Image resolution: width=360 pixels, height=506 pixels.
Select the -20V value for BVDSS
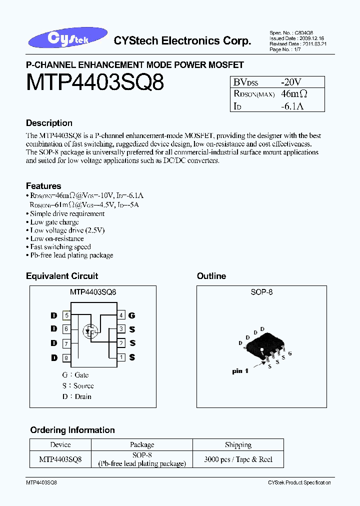tap(291, 81)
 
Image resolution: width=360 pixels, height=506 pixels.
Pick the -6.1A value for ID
tap(292, 105)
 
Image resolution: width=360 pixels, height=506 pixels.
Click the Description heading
tap(49, 123)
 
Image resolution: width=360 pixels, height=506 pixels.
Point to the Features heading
tap(43, 186)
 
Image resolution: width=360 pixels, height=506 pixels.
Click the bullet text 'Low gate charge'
tap(54, 222)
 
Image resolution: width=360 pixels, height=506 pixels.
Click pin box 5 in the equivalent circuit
tap(66, 315)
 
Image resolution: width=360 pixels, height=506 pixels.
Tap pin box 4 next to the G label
tap(121, 315)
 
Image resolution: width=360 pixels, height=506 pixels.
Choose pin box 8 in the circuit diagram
tap(66, 357)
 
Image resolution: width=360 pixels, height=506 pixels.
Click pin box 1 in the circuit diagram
tap(121, 357)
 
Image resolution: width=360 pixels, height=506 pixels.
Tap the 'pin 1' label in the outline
tap(240, 371)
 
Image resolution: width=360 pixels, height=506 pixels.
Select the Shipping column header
tap(238, 444)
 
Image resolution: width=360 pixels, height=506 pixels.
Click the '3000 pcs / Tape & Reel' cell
tap(238, 459)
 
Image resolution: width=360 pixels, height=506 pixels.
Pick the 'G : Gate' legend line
tap(75, 375)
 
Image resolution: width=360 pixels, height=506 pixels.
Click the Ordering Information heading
tap(72, 430)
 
